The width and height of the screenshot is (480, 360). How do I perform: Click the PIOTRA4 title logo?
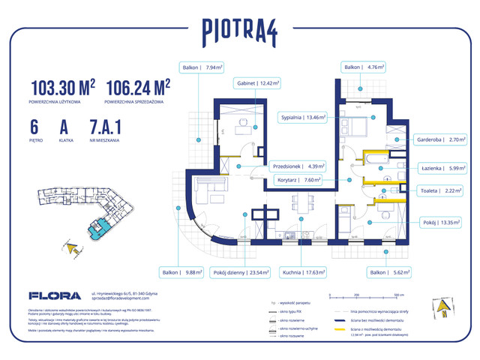click(239, 31)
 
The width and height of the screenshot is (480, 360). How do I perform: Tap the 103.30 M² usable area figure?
click(63, 88)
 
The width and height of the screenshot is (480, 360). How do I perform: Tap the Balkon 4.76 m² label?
click(364, 67)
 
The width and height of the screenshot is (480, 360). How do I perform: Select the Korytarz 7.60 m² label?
click(313, 179)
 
